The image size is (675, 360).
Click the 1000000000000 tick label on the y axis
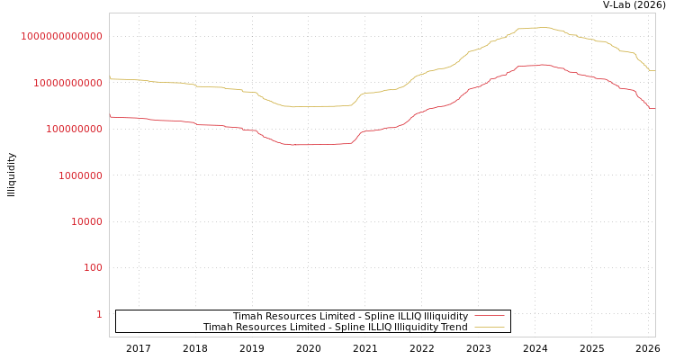62,36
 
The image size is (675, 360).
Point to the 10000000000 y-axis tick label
67,83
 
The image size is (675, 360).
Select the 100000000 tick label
73,129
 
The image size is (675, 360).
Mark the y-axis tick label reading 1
99,314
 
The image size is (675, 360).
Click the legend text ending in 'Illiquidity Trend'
335,328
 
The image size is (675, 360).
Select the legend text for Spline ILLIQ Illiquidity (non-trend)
350,317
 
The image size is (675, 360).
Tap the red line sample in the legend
490,317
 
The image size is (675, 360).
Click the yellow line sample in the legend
490,328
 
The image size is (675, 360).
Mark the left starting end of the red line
110,116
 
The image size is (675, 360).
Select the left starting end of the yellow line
110,78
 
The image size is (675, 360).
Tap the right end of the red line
654,108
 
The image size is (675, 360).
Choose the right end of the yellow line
654,70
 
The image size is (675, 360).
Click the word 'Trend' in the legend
454,328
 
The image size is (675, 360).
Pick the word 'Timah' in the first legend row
247,317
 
